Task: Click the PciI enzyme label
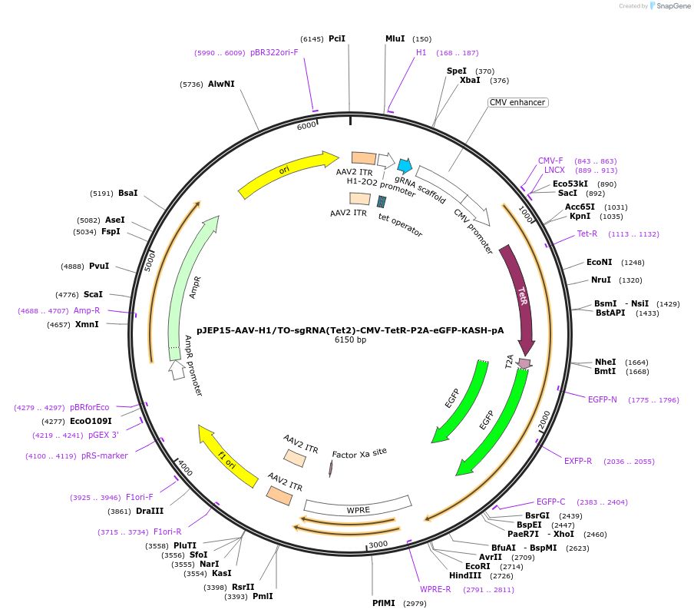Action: [336, 38]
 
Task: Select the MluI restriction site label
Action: [395, 38]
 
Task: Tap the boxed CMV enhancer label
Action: [518, 102]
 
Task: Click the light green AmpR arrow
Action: [189, 284]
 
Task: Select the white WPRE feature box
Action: [358, 508]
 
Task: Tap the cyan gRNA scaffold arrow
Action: [404, 164]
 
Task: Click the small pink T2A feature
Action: [524, 363]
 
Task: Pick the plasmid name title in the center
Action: [350, 330]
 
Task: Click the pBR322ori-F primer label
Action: [274, 53]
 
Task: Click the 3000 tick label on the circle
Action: [378, 545]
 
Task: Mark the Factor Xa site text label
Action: [359, 453]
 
